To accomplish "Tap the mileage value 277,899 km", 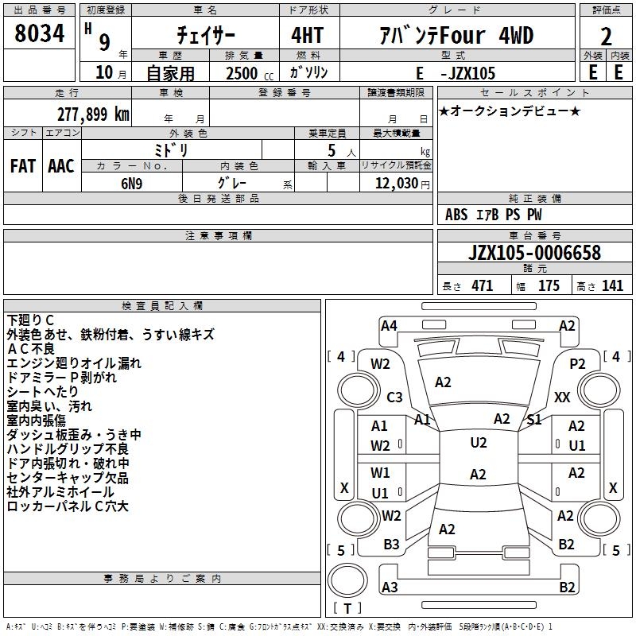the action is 93,114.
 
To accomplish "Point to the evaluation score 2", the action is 606,36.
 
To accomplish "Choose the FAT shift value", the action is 22,166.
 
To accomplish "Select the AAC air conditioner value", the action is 60,166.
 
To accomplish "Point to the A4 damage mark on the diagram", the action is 389,325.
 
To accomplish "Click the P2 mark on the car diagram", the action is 577,363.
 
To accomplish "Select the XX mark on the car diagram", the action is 562,397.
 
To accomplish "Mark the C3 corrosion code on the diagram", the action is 394,397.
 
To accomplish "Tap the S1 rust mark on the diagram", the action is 534,419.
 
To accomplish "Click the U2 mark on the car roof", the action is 478,443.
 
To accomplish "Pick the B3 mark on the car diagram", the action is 391,544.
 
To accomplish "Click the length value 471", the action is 482,286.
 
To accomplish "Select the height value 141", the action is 612,286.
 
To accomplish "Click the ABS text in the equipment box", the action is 456,215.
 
